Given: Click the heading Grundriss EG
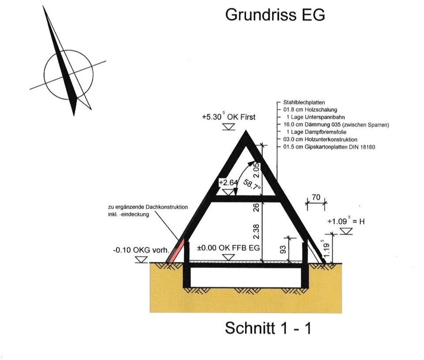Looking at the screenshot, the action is [x=275, y=15].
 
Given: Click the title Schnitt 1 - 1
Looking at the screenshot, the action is [x=268, y=328].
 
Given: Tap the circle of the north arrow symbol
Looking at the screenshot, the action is [x=68, y=75].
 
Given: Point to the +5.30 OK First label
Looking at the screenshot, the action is [x=228, y=117].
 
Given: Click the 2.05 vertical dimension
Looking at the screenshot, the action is [x=256, y=170].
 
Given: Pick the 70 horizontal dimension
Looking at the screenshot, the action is [x=316, y=197].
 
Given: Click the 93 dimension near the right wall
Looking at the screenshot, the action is [x=284, y=250].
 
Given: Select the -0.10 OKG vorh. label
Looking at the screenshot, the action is [x=141, y=250].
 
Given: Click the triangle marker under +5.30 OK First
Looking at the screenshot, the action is [x=228, y=127].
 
